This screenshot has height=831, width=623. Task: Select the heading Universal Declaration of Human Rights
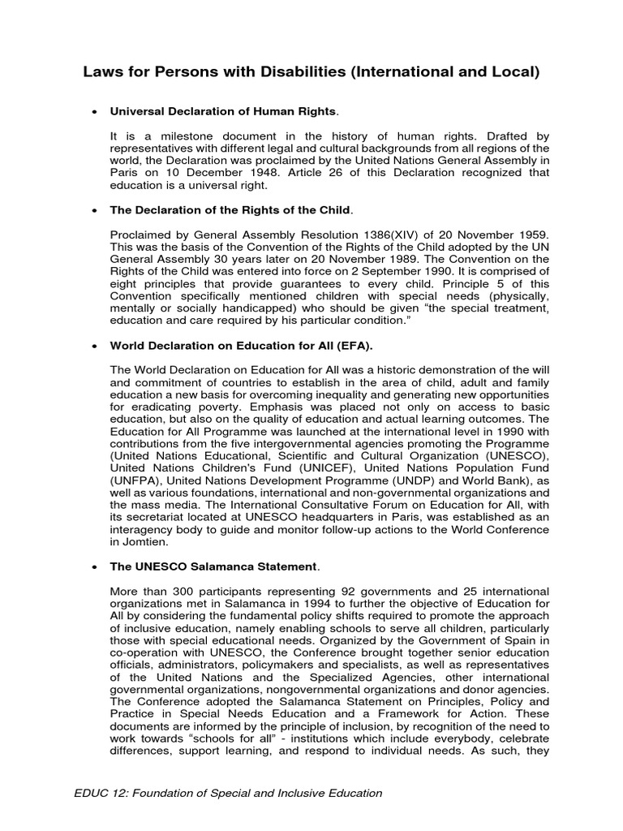223,110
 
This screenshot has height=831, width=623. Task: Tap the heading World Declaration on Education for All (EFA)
241,347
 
